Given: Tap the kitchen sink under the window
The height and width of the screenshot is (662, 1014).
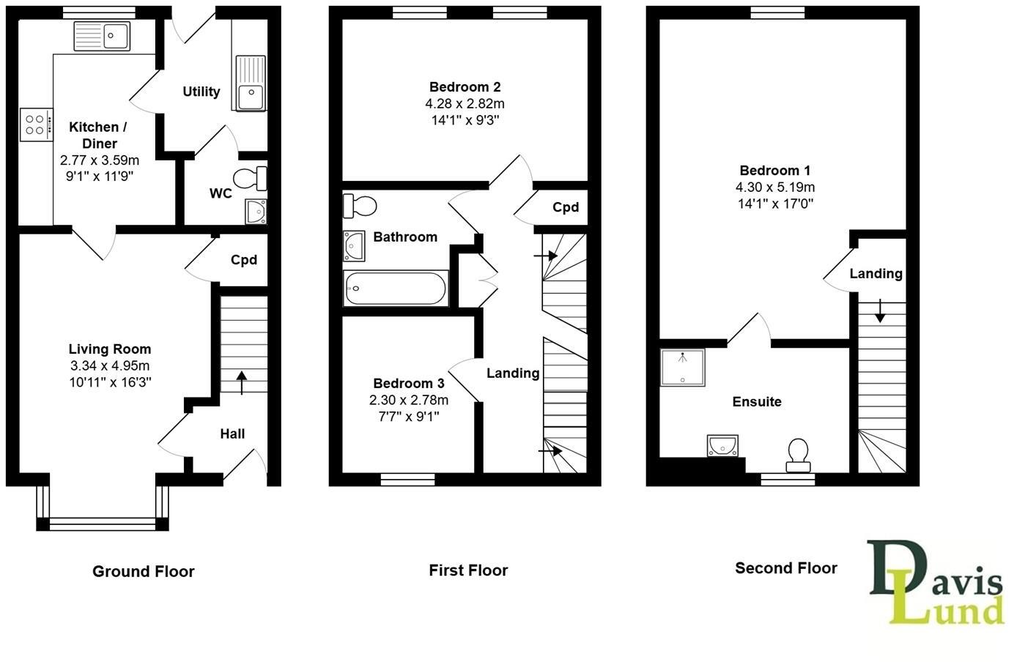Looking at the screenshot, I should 102,36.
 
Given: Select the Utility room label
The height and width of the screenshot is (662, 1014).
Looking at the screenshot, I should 201,92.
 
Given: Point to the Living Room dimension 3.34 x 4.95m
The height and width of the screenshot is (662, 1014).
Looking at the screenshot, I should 109,365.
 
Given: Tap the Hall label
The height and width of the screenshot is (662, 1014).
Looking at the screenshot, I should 232,434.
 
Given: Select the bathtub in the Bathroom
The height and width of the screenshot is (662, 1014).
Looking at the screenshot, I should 396,289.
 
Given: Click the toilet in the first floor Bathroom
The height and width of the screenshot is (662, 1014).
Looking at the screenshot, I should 360,206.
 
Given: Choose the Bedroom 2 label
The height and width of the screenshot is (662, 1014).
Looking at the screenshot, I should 465,87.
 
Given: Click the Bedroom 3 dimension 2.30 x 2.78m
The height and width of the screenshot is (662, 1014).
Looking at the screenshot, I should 408,400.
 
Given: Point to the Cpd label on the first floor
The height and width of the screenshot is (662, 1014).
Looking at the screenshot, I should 565,207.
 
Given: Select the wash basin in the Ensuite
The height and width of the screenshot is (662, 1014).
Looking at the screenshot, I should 723,445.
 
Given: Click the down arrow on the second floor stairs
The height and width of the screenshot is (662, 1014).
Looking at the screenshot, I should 879,312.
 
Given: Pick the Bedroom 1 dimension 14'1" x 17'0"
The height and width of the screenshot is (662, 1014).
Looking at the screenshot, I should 775,204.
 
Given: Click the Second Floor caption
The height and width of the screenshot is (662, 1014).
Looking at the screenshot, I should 785,568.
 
